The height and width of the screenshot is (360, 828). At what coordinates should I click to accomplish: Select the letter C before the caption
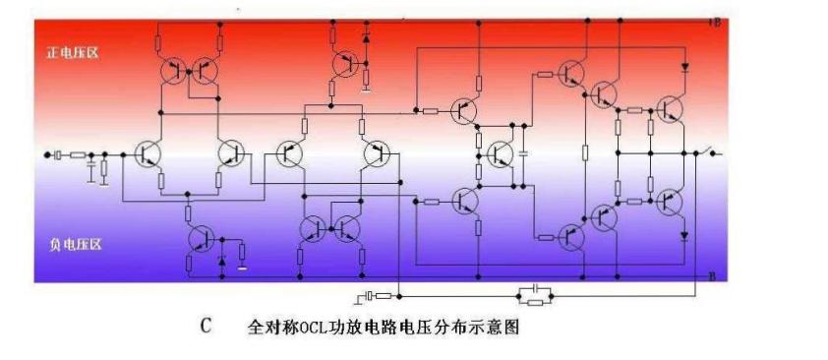click(x=206, y=326)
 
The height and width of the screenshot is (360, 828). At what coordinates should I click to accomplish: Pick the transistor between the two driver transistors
click(x=498, y=153)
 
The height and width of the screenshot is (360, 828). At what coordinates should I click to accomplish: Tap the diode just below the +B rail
click(x=685, y=69)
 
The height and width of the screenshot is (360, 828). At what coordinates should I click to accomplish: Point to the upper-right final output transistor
click(x=671, y=108)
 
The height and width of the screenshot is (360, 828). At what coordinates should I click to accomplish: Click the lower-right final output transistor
click(x=671, y=202)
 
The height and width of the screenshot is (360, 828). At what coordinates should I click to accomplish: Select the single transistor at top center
click(x=344, y=65)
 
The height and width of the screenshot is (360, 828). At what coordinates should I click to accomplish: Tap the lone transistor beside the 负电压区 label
click(x=201, y=238)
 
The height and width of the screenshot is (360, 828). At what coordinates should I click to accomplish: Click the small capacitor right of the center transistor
click(x=524, y=153)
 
